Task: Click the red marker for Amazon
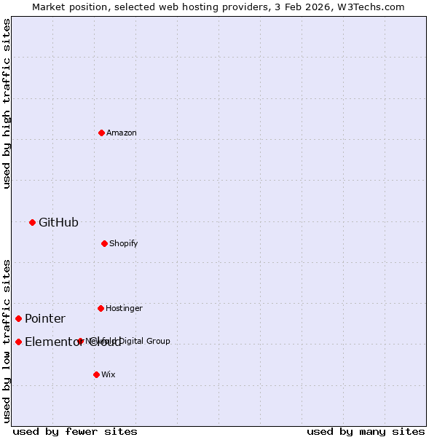pyautogui.click(x=101, y=133)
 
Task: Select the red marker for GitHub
pyautogui.click(x=32, y=222)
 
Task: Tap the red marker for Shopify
pyautogui.click(x=104, y=243)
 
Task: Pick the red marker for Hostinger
pyautogui.click(x=101, y=308)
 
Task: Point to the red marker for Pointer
pyautogui.click(x=18, y=318)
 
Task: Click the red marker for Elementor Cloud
pyautogui.click(x=18, y=342)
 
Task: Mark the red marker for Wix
pyautogui.click(x=96, y=374)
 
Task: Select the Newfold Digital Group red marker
pyautogui.click(x=80, y=341)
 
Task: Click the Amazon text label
pyautogui.click(x=122, y=133)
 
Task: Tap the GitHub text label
pyautogui.click(x=58, y=222)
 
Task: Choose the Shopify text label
pyautogui.click(x=124, y=243)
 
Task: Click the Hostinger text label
pyautogui.click(x=124, y=308)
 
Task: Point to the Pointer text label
pyautogui.click(x=45, y=318)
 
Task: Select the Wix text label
pyautogui.click(x=108, y=374)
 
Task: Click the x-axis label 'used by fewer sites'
pyautogui.click(x=75, y=431)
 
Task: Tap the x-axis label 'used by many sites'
pyautogui.click(x=366, y=431)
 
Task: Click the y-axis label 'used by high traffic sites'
pyautogui.click(x=7, y=103)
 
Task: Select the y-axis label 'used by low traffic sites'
pyautogui.click(x=7, y=340)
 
